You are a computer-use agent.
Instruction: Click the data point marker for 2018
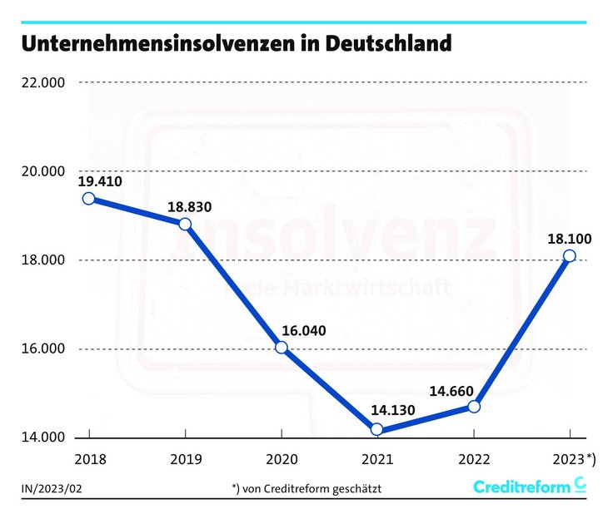pyautogui.click(x=88, y=198)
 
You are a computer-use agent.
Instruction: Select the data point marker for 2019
pyautogui.click(x=185, y=224)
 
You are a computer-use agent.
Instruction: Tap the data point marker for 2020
pyautogui.click(x=282, y=348)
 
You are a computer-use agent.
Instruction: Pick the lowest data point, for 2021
pyautogui.click(x=377, y=429)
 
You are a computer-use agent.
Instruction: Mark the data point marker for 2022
pyautogui.click(x=474, y=406)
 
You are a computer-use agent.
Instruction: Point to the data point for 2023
pyautogui.click(x=570, y=255)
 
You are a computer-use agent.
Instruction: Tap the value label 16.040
pyautogui.click(x=303, y=330)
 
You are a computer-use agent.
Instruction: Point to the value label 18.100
pyautogui.click(x=570, y=238)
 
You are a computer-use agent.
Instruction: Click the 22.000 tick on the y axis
pyautogui.click(x=43, y=82)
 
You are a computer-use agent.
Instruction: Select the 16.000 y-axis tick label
pyautogui.click(x=43, y=349)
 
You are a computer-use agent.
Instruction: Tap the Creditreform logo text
pyautogui.click(x=521, y=487)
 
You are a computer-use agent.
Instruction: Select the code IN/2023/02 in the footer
pyautogui.click(x=52, y=487)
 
